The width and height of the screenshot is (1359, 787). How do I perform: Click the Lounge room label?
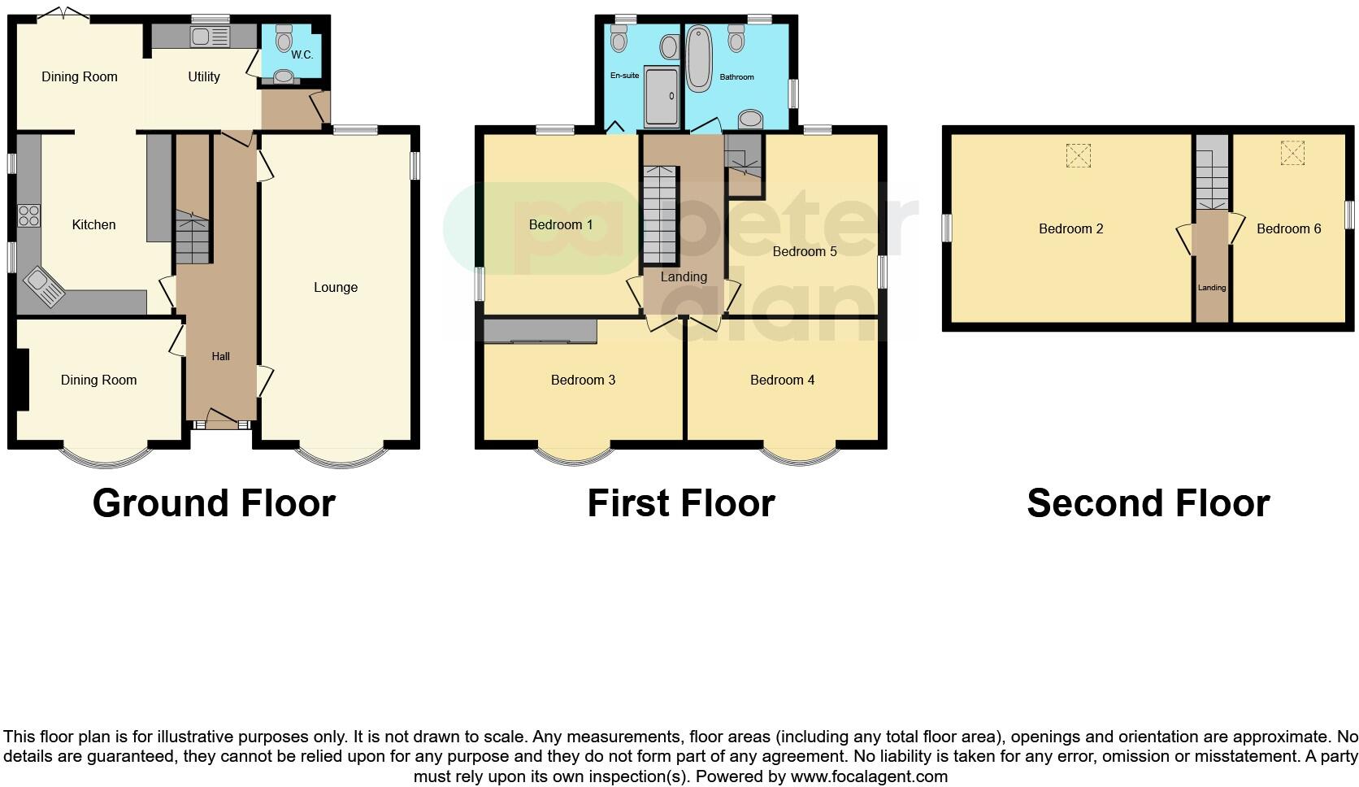pyautogui.click(x=335, y=287)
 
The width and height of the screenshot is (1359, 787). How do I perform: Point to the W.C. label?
pyautogui.click(x=302, y=54)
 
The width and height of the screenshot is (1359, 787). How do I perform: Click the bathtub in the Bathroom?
pyautogui.click(x=698, y=59)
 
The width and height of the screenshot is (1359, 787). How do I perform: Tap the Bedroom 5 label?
pyautogui.click(x=804, y=251)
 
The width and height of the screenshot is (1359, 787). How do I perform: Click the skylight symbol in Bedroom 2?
pyautogui.click(x=1078, y=155)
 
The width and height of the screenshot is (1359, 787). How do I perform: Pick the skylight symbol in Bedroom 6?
pyautogui.click(x=1292, y=153)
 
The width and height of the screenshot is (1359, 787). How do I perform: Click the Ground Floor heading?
pyautogui.click(x=214, y=502)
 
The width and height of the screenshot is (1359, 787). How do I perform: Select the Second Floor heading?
pyautogui.click(x=1148, y=502)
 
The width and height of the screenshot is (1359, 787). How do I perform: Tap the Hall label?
pyautogui.click(x=220, y=356)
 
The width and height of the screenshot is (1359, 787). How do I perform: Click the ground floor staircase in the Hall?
pyautogui.click(x=192, y=237)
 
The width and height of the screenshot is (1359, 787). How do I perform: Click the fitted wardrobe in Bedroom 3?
pyautogui.click(x=541, y=331)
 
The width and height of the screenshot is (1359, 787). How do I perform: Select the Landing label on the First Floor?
pyautogui.click(x=683, y=276)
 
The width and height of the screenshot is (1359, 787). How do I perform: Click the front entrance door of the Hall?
pyautogui.click(x=220, y=420)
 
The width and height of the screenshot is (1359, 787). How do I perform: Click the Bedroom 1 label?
pyautogui.click(x=560, y=224)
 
